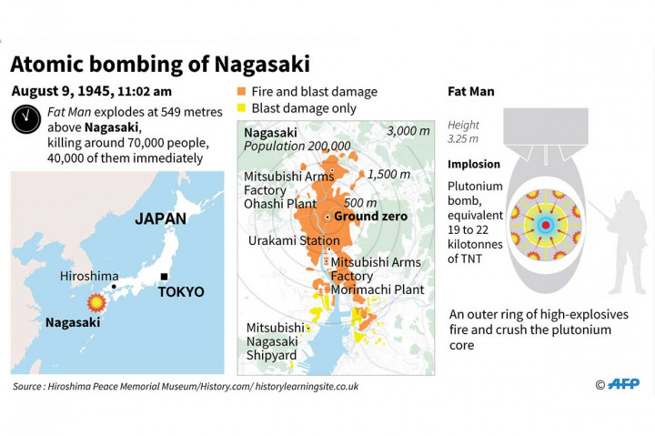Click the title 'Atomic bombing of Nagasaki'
[x=160, y=64]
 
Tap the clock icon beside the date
[x=24, y=118]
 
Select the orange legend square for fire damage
[x=241, y=92]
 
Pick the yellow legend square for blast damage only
[x=241, y=108]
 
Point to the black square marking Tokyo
[x=164, y=277]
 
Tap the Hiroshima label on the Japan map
[x=89, y=276]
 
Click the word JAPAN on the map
[x=160, y=218]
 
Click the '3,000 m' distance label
[x=408, y=131]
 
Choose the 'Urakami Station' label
[x=288, y=240]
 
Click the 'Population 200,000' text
[x=297, y=146]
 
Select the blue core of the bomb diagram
[x=546, y=224]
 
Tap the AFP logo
[x=622, y=384]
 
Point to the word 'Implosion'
[x=474, y=165]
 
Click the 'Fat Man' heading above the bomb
[x=471, y=92]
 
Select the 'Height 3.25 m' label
[x=464, y=132]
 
